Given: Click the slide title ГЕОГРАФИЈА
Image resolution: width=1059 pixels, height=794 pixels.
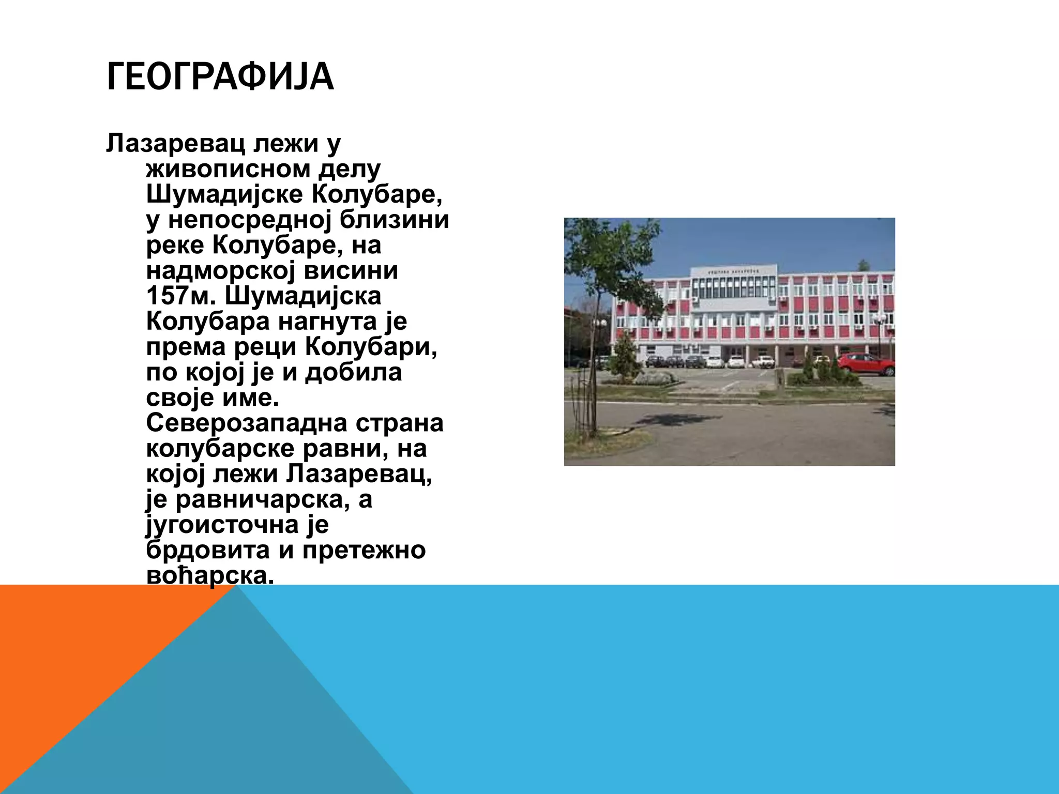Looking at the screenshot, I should click(220, 77).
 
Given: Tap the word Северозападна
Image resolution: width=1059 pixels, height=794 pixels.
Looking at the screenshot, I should click(239, 423).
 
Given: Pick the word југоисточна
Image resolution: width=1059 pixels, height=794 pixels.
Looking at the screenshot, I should click(222, 525).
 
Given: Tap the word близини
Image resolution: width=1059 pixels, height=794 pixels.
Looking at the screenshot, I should click(394, 220).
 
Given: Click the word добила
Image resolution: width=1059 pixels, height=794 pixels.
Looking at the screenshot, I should click(353, 372).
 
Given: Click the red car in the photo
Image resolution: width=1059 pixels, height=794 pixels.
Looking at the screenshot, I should click(865, 363).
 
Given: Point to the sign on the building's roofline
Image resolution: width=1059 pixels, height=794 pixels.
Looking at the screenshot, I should click(734, 271).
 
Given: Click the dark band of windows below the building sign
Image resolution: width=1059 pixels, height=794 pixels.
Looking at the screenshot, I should click(734, 287).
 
